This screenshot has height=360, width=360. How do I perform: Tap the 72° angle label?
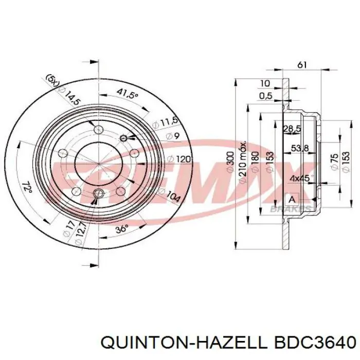[28, 187]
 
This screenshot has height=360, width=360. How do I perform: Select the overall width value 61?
[302, 65]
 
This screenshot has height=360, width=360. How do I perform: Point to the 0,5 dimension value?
[266, 96]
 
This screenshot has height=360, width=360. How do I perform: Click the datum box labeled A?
[292, 199]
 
